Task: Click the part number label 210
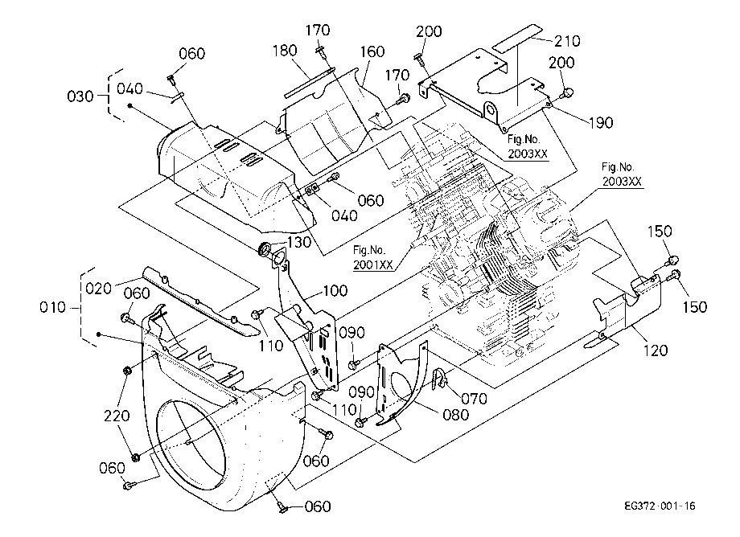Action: pyautogui.click(x=567, y=41)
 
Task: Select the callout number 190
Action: pyautogui.click(x=601, y=122)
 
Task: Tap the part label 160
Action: pyautogui.click(x=372, y=51)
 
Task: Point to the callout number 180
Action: pyautogui.click(x=285, y=51)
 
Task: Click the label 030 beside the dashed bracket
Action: pyautogui.click(x=80, y=96)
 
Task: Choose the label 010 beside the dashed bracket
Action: pyautogui.click(x=53, y=308)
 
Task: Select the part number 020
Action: pyautogui.click(x=99, y=288)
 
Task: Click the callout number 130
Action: pyautogui.click(x=299, y=242)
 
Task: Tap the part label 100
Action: pyautogui.click(x=335, y=290)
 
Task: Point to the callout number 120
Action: pyautogui.click(x=656, y=350)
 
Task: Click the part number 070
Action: pyautogui.click(x=474, y=399)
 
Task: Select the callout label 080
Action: pyautogui.click(x=455, y=415)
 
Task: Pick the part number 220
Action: pyautogui.click(x=117, y=416)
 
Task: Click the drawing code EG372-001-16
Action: pyautogui.click(x=660, y=506)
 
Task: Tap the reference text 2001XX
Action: pyautogui.click(x=373, y=264)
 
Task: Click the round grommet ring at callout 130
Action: pyautogui.click(x=265, y=248)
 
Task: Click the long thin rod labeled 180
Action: pyautogui.click(x=309, y=84)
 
